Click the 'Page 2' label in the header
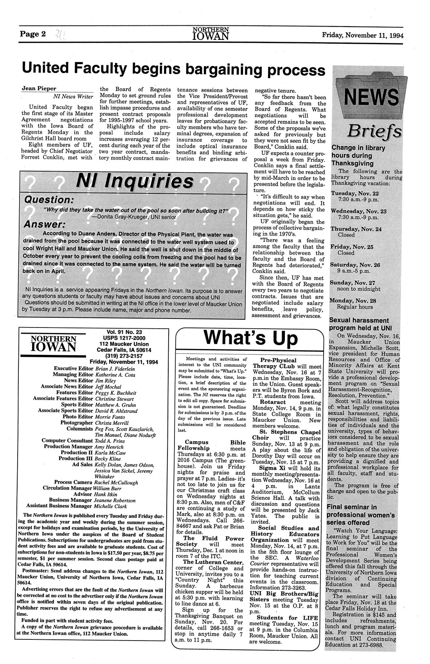[x=33, y=34]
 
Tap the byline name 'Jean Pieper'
[x=38, y=89]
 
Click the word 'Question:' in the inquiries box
[x=49, y=200]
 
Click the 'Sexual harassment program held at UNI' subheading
[x=359, y=324]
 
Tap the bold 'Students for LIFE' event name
[x=285, y=617]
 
